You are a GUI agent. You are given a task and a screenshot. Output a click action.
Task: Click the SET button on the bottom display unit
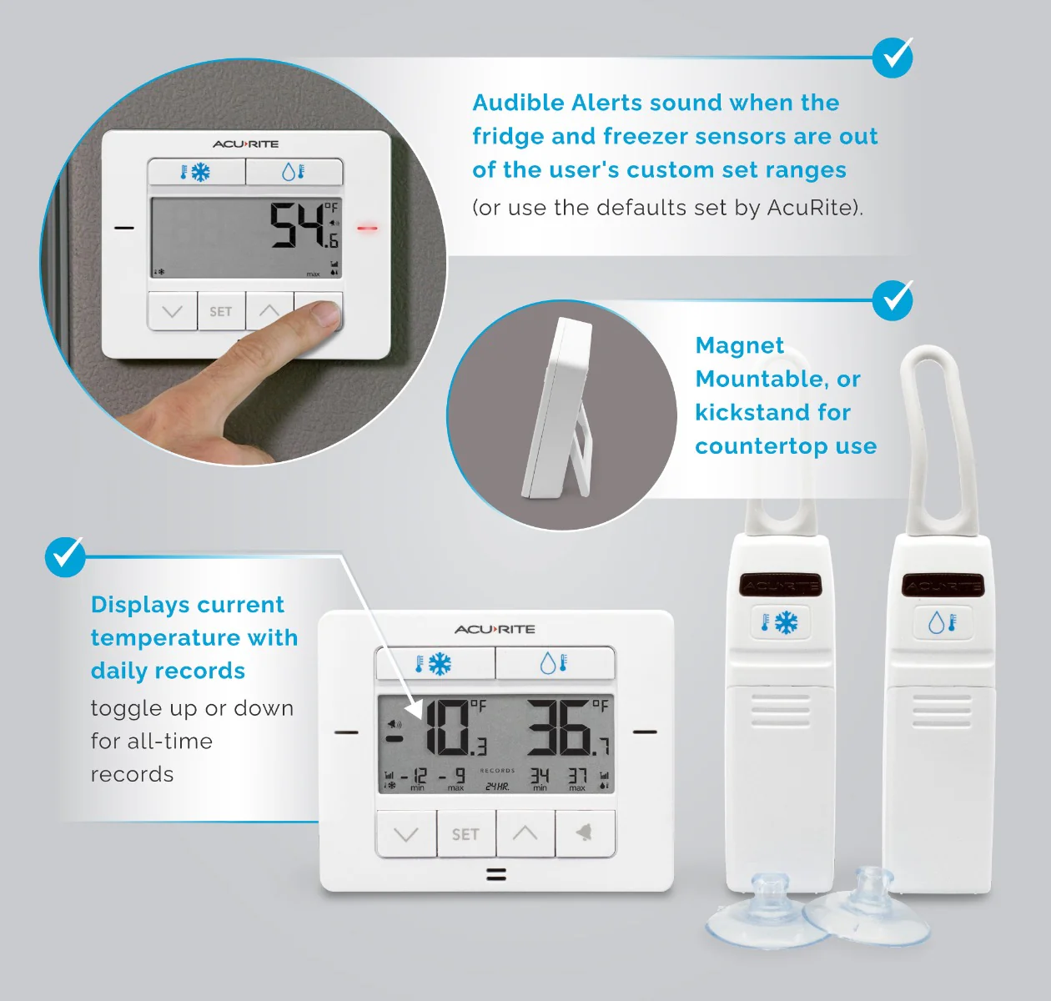465,834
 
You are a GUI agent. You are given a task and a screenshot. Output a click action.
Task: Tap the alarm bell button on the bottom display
585,832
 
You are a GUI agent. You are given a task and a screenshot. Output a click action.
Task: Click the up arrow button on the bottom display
525,832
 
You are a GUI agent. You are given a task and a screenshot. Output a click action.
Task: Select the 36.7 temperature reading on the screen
567,727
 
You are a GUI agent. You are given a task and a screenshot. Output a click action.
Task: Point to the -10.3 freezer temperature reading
446,728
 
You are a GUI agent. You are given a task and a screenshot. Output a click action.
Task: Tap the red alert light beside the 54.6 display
367,228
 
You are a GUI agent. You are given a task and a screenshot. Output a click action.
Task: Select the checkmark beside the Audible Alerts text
893,58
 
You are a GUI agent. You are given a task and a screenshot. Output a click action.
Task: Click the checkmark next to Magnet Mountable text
893,299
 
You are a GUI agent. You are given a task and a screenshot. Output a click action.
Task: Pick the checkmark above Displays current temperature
65,556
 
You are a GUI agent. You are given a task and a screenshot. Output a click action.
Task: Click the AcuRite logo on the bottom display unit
495,629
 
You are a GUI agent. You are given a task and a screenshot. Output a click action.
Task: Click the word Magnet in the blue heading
739,345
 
